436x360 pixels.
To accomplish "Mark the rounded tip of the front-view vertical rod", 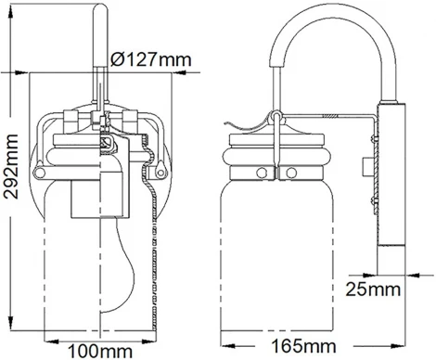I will [101, 10].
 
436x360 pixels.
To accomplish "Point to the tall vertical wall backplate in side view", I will [387, 186].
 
